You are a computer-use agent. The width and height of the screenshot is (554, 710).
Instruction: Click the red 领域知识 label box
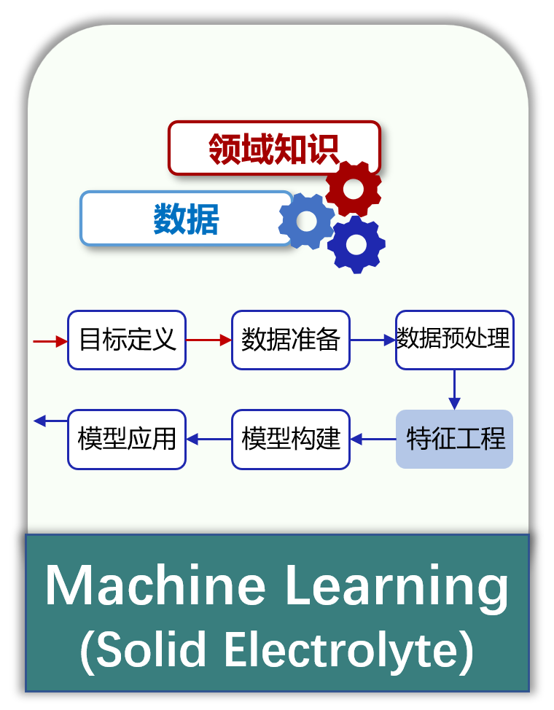coord(273,148)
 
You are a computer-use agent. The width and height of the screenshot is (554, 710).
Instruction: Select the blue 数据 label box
coord(186,218)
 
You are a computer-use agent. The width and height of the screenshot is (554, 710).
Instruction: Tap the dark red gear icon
coord(354,188)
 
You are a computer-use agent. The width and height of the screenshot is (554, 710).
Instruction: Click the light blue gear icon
coord(307,221)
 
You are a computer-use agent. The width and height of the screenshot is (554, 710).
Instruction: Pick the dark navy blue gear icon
coord(356,244)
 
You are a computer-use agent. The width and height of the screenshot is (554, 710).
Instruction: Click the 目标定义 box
coord(127,340)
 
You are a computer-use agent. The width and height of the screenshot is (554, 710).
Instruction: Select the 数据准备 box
coord(291,340)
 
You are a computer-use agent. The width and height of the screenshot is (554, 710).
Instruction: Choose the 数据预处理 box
coord(454,340)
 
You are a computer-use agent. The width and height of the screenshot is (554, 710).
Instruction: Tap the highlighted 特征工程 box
coord(454,439)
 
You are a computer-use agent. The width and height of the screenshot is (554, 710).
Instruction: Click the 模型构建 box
coord(291,440)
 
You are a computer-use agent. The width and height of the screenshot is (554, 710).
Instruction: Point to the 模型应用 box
coord(127,440)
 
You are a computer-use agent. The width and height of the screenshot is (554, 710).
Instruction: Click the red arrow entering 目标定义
coord(50,341)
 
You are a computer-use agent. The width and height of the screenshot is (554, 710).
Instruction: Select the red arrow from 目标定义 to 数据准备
coord(208,340)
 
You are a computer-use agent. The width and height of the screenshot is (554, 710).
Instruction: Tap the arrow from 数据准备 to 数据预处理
coord(372,340)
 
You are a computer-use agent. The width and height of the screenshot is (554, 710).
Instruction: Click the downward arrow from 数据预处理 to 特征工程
coord(454,390)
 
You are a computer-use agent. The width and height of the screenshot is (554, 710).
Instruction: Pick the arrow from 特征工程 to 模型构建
coord(373,439)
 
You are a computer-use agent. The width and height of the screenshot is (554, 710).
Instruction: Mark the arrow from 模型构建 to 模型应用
coord(208,439)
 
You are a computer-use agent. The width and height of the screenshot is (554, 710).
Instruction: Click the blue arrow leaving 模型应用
coord(51,421)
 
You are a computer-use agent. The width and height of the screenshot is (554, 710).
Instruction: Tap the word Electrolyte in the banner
coord(348,650)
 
